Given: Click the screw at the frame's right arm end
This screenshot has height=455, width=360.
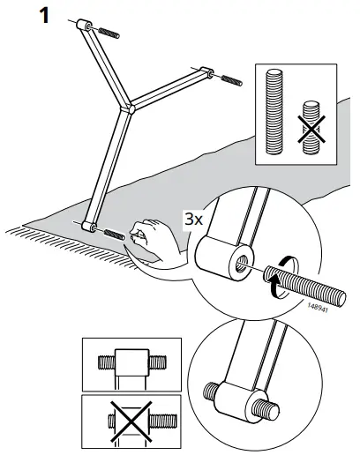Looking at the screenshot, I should coord(230,80).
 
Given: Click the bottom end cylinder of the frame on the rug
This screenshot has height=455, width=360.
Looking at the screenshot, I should coord(87,227).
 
